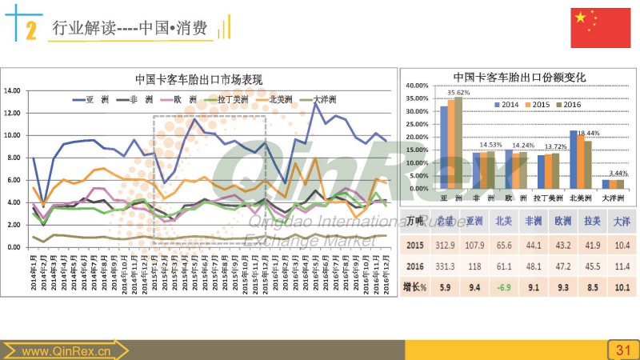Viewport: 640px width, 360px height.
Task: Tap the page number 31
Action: (622, 350)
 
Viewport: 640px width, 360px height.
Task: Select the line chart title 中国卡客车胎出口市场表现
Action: (198, 79)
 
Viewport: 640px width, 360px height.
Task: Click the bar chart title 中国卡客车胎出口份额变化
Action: (520, 77)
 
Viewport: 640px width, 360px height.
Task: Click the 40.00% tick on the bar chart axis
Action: (419, 86)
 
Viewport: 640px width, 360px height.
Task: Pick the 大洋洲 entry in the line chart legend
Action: (323, 99)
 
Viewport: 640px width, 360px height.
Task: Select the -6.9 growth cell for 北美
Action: (502, 287)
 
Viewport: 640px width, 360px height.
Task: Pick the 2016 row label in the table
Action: (414, 266)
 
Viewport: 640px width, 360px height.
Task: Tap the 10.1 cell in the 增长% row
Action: (621, 287)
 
